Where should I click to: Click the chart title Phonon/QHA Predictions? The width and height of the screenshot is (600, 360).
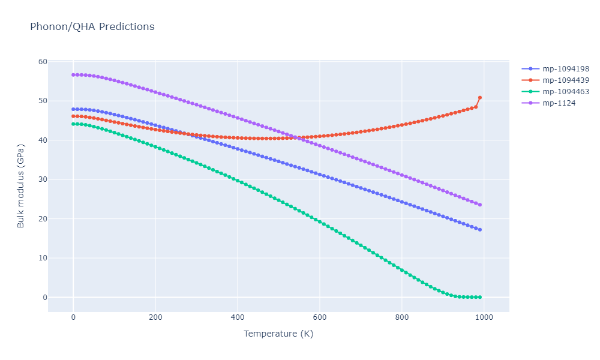point(92,27)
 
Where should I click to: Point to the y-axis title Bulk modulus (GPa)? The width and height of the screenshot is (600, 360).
point(21,185)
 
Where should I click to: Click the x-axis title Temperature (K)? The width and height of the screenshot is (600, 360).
point(278,334)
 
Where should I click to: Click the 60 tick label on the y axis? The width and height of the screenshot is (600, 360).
point(43,62)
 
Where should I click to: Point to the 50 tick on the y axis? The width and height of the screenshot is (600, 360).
point(43,101)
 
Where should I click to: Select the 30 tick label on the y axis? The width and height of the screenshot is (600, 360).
point(43,179)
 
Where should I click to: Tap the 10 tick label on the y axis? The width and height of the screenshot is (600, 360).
point(43,258)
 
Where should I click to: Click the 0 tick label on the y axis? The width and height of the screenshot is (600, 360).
point(44,298)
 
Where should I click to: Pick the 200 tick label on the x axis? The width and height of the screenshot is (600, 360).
point(155,317)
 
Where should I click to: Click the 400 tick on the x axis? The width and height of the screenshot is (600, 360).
point(238,317)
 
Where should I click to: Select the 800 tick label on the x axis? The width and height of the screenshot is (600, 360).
point(402,317)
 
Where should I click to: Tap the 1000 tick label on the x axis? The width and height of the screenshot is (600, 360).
point(484,317)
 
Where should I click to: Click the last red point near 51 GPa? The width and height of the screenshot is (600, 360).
point(480,97)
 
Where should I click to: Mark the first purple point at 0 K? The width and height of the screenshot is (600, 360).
point(73,75)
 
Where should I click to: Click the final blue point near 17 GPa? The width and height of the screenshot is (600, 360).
point(480,230)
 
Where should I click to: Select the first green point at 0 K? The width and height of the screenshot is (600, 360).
point(73,124)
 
